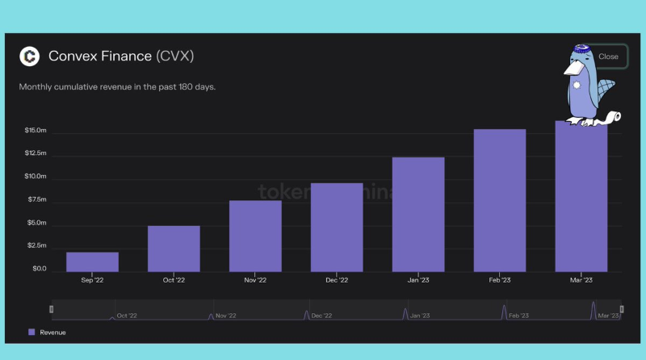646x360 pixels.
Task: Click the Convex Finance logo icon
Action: (30, 57)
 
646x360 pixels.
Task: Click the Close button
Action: (608, 57)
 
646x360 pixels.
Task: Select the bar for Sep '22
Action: (92, 262)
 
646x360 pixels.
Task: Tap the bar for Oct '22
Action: (174, 249)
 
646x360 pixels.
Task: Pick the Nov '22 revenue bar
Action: (255, 236)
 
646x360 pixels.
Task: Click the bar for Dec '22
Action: (337, 227)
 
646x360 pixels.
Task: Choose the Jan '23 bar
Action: (418, 214)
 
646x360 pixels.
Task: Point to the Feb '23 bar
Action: (500, 200)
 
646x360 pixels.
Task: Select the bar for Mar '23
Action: (581, 198)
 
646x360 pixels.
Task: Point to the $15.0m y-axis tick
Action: (35, 131)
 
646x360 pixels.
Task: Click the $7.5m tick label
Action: (36, 199)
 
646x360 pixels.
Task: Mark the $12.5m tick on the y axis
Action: (35, 153)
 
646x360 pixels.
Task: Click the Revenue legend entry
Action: (48, 332)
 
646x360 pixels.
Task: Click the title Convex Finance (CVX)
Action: (121, 57)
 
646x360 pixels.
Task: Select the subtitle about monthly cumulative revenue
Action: (117, 86)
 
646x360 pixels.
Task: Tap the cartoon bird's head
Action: (579, 58)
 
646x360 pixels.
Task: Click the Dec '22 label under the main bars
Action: (337, 280)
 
